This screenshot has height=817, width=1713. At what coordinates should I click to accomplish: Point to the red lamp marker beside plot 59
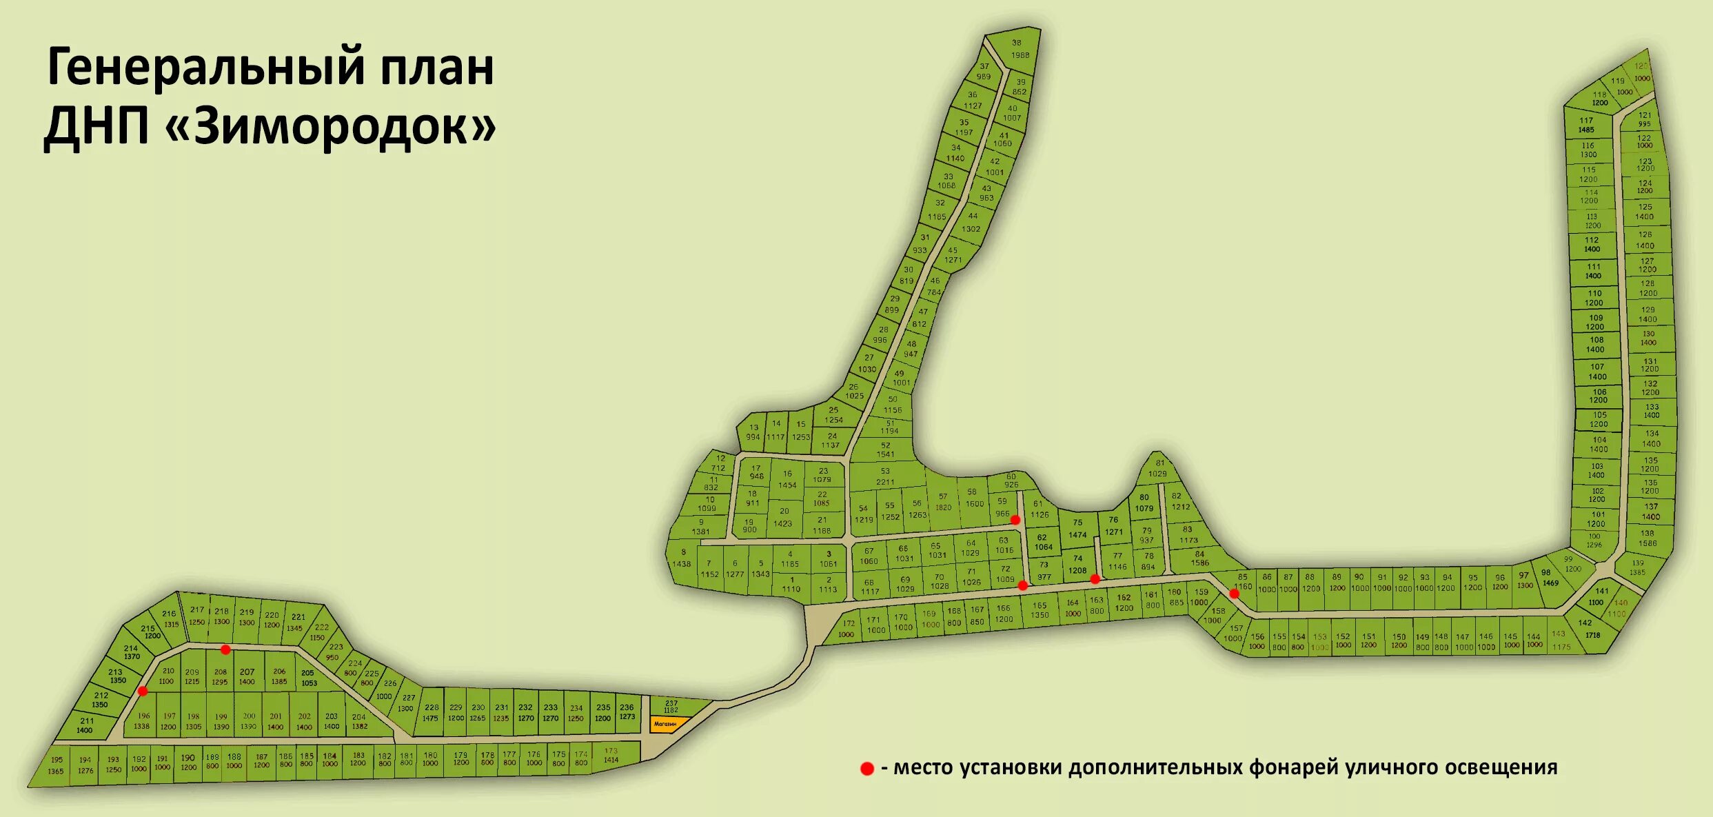click(1015, 520)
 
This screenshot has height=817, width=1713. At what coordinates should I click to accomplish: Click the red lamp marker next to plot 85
click(1234, 594)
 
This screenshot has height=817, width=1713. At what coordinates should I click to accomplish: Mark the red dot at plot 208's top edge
click(225, 649)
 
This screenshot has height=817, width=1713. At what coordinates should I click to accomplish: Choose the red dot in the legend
click(867, 769)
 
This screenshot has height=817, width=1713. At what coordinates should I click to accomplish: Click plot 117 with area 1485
click(1586, 125)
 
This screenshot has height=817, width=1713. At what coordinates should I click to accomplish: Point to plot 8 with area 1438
click(682, 558)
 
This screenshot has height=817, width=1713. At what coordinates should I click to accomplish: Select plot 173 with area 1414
click(611, 756)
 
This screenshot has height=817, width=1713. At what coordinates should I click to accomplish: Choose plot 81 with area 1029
click(1157, 469)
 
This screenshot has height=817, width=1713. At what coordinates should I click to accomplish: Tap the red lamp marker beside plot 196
click(143, 691)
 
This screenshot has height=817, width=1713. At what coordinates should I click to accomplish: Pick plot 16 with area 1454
click(787, 480)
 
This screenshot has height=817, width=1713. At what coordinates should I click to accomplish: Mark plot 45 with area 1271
click(953, 255)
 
